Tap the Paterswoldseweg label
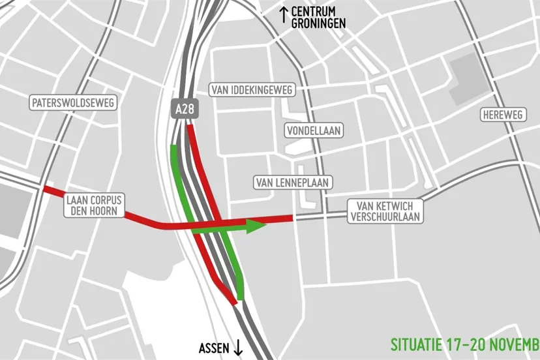tap(74, 103)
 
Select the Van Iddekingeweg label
tap(252, 89)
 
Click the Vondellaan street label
tap(314, 131)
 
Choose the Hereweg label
tap(502, 115)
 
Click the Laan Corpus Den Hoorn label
tap(95, 205)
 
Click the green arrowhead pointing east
tap(257, 226)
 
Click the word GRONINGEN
tap(319, 23)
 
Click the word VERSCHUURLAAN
tap(385, 216)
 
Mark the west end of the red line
tap(44, 189)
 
